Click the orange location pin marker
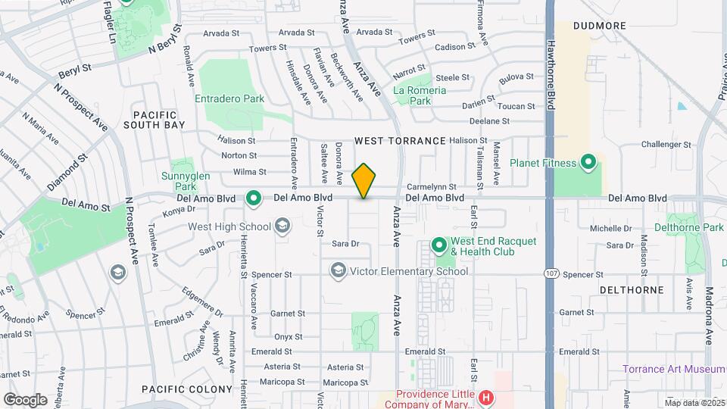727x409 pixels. [x=364, y=180]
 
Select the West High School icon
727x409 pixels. [x=282, y=226]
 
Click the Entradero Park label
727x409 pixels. [x=229, y=98]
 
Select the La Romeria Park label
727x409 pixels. [x=412, y=95]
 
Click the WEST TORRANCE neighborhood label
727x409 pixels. [x=400, y=141]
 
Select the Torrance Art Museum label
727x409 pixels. [x=670, y=370]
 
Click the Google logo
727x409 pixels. [x=24, y=399]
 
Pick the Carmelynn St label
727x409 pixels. [x=431, y=186]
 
